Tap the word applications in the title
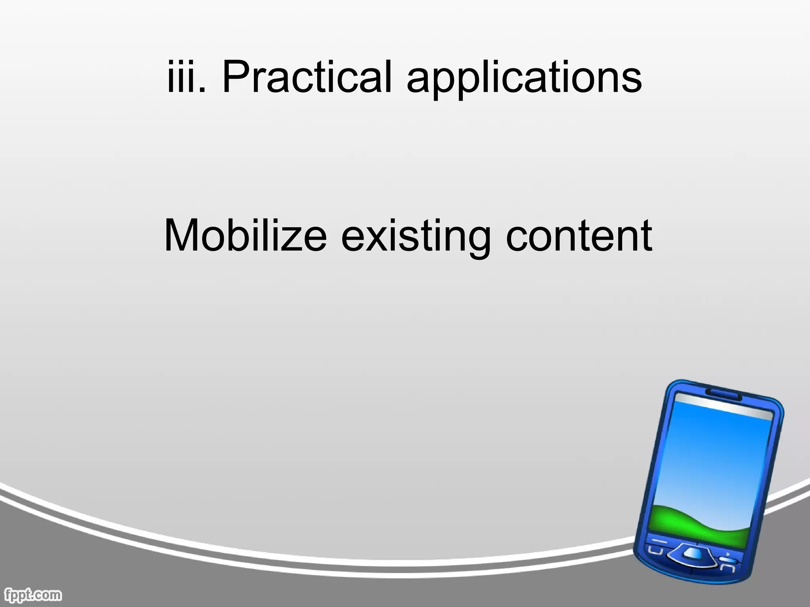pos(524,79)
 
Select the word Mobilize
pos(246,236)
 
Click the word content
pos(579,236)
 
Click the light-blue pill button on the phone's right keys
pos(728,560)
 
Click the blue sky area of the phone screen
pos(716,454)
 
